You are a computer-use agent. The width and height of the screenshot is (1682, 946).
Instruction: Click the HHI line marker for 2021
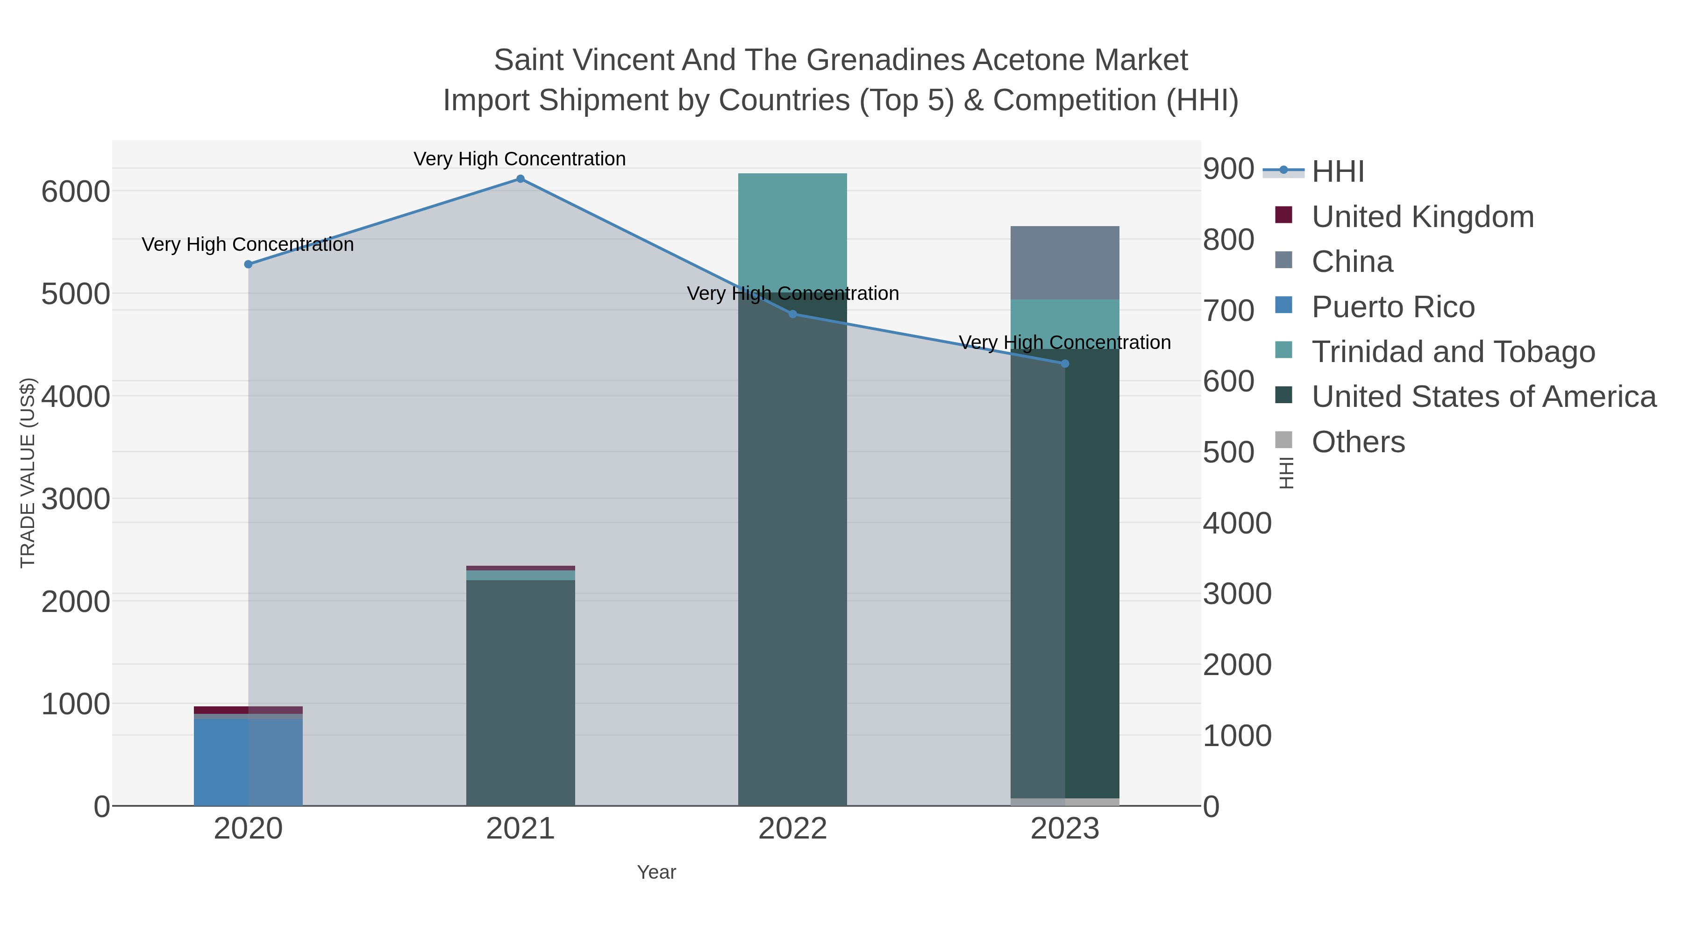[520, 179]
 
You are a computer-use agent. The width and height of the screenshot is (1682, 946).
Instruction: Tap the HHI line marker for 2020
[248, 264]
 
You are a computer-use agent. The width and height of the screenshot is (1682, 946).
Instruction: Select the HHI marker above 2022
[793, 314]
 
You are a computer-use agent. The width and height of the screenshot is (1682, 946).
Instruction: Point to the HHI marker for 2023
[1065, 363]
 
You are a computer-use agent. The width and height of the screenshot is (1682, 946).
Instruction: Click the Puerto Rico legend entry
[1393, 307]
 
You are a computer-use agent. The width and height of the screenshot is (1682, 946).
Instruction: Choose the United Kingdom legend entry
[1422, 217]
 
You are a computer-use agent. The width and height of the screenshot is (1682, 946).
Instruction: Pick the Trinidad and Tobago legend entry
[1453, 352]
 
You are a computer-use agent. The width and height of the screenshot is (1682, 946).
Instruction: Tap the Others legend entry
[1358, 442]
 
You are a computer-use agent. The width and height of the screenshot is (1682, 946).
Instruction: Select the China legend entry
[1352, 262]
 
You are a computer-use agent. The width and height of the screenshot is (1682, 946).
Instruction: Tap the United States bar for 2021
[520, 692]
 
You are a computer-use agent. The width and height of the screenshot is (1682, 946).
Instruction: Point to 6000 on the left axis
[76, 192]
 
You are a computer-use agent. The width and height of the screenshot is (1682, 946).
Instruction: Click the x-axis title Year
[656, 872]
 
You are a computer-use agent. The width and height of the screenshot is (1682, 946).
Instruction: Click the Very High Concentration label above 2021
[520, 159]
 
